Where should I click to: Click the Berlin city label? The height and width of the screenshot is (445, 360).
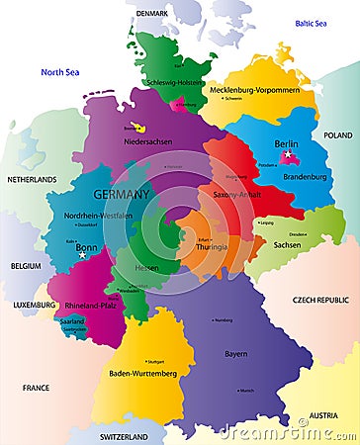point(287,143)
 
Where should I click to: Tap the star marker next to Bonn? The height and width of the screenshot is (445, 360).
point(82,255)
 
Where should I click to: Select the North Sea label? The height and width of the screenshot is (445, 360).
point(59,72)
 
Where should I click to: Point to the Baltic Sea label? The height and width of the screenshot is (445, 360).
point(316,23)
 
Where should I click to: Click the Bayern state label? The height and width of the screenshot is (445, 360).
point(235,352)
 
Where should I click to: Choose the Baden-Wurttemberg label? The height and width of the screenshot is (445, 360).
point(142,374)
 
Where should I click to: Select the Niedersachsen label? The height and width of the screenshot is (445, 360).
point(148,141)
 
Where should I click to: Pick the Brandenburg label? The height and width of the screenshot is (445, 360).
point(305,177)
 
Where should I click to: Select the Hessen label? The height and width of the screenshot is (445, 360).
point(146,267)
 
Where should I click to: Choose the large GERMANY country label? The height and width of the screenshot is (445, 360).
point(121,194)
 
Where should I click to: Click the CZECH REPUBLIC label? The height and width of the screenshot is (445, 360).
point(319,300)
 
